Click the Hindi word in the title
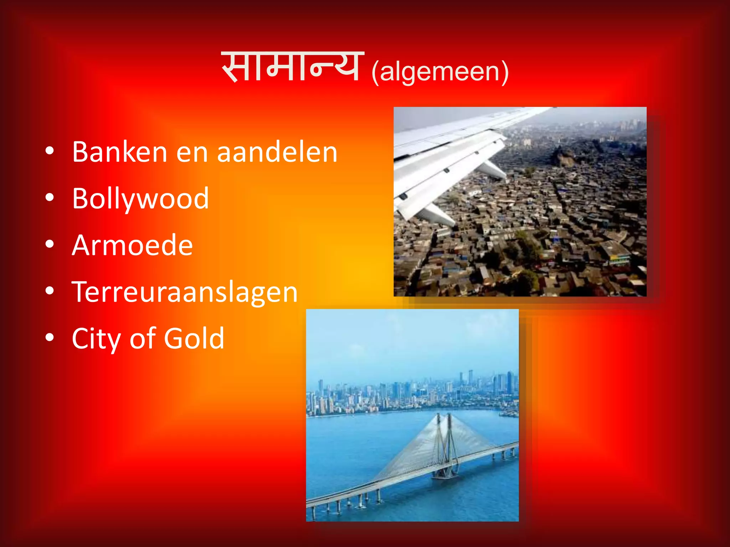coord(292,67)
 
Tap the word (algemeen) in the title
coord(440,72)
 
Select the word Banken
coord(119,152)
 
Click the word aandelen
coord(277,152)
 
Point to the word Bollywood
coord(140,199)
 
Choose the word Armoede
coord(132,245)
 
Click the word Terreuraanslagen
coord(185,292)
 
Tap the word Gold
coord(194,338)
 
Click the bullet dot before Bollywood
coord(50,197)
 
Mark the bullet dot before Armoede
coord(50,244)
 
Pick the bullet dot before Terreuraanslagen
coord(50,291)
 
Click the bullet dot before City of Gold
coord(50,337)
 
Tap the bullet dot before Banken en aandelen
coord(50,151)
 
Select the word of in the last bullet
coord(142,338)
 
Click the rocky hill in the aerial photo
coord(563,157)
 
